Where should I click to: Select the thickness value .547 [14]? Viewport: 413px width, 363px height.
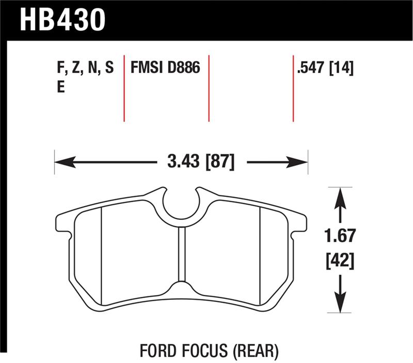(325, 68)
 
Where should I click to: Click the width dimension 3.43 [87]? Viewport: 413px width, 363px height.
(201, 162)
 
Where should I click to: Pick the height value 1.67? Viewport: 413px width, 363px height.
(340, 236)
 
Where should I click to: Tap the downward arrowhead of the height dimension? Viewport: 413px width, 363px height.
(340, 305)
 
